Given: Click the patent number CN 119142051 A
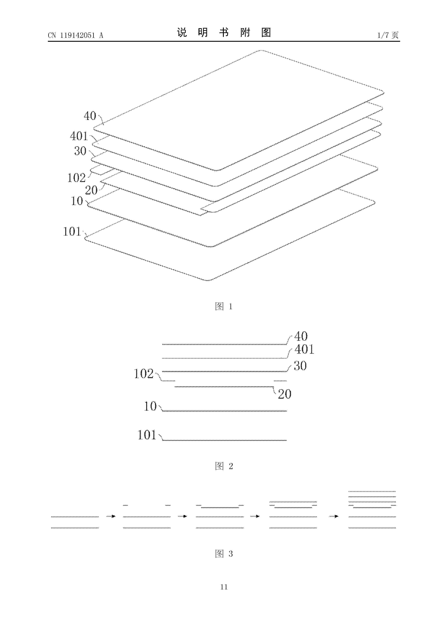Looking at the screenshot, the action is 75,35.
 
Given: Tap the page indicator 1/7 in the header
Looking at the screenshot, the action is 383,35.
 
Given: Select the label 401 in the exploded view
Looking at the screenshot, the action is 79,136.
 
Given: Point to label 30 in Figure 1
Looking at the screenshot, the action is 80,151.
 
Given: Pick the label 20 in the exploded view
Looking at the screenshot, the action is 91,190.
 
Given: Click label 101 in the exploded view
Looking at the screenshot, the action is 72,231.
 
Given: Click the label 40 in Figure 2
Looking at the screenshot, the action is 301,336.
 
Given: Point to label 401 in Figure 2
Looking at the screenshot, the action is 304,349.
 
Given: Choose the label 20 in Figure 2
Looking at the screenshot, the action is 285,394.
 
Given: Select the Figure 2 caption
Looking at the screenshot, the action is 224,466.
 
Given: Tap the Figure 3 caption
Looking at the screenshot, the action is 224,554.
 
